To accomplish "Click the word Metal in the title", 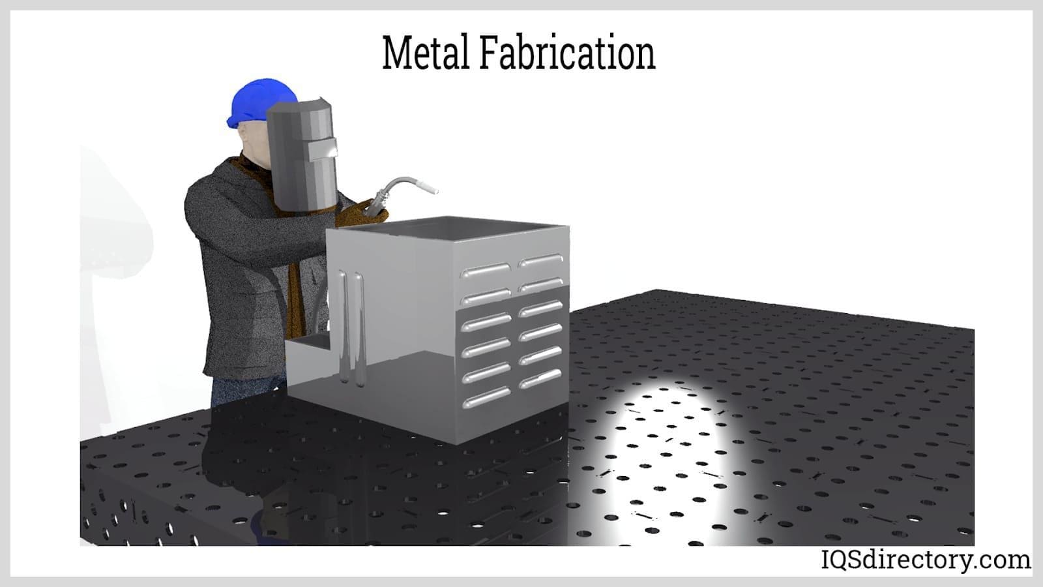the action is coord(426,53).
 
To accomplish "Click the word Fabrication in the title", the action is coord(567,53).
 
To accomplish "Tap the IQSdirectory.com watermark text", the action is coord(926,559).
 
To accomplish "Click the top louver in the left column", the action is coord(486,270).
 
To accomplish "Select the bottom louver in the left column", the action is coord(486,397).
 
